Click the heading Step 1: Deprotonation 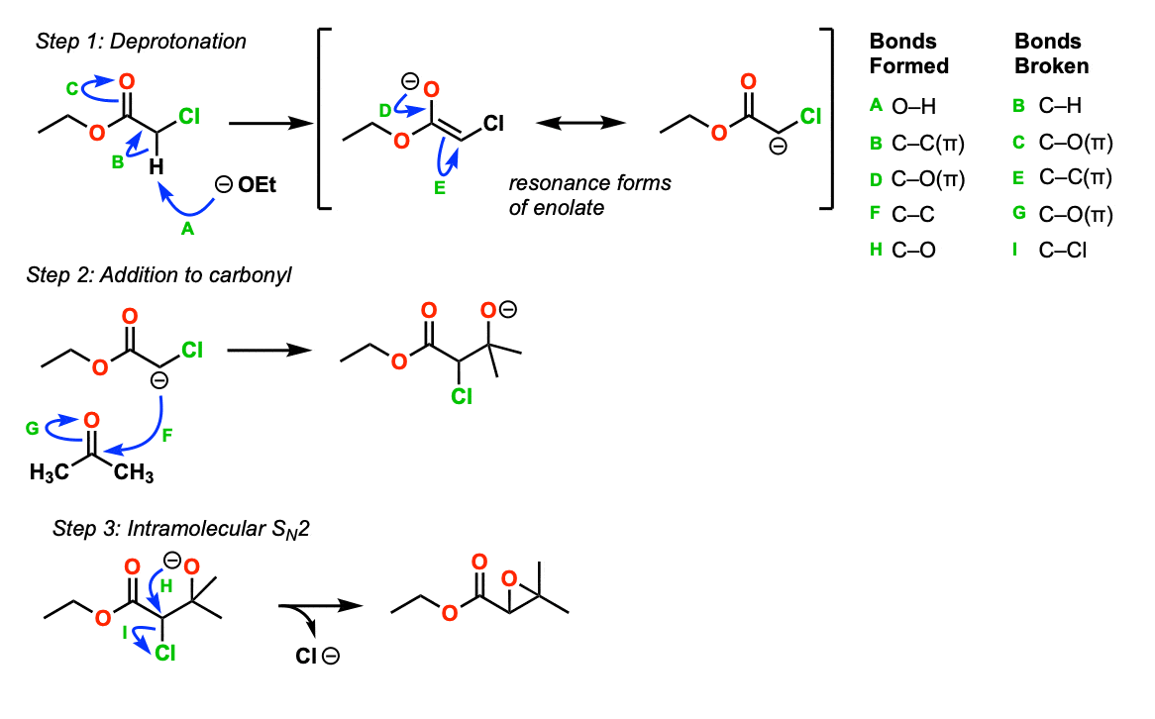pyautogui.click(x=141, y=42)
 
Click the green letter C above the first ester pyautogui.click(x=72, y=90)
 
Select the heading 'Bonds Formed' pyautogui.click(x=908, y=54)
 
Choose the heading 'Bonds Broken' pyautogui.click(x=1052, y=54)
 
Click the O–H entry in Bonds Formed pyautogui.click(x=914, y=107)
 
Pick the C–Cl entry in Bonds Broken pyautogui.click(x=1062, y=251)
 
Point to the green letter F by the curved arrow pyautogui.click(x=167, y=433)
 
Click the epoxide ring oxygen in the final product pyautogui.click(x=508, y=577)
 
